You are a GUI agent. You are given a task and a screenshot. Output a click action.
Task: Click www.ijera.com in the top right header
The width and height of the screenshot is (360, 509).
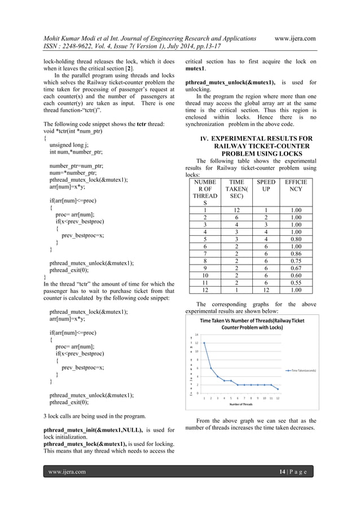click(x=294, y=38)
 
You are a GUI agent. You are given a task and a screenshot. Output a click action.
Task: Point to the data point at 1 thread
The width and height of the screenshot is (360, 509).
click(x=204, y=343)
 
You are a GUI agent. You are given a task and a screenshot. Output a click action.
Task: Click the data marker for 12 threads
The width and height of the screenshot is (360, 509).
click(x=278, y=389)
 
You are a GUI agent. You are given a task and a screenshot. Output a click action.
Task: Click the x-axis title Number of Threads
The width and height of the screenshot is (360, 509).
click(x=241, y=404)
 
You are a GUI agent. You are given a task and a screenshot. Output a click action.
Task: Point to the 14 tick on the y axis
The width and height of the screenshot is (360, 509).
click(x=197, y=335)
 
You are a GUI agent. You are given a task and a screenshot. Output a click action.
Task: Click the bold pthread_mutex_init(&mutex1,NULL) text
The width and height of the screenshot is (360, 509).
click(x=93, y=431)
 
